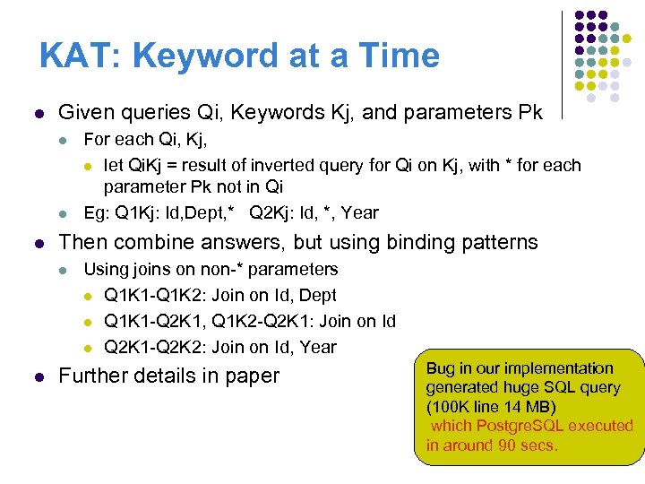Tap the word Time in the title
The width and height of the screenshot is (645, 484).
click(398, 56)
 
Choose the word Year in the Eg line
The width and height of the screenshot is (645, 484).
click(360, 213)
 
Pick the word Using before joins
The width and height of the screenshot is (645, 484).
click(106, 269)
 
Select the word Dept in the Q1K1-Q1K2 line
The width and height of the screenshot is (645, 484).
click(319, 295)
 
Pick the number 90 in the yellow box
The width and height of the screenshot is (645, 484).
click(509, 445)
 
